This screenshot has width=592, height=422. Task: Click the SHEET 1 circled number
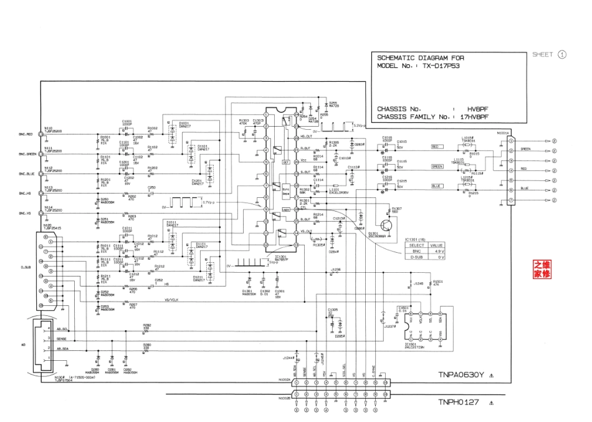(562, 54)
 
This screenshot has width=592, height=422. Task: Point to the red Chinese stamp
(542, 269)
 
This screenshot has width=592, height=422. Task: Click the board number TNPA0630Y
(460, 375)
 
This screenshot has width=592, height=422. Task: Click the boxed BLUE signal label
(437, 186)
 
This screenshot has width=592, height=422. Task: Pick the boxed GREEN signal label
(437, 167)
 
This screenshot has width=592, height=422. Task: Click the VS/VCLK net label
(172, 300)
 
